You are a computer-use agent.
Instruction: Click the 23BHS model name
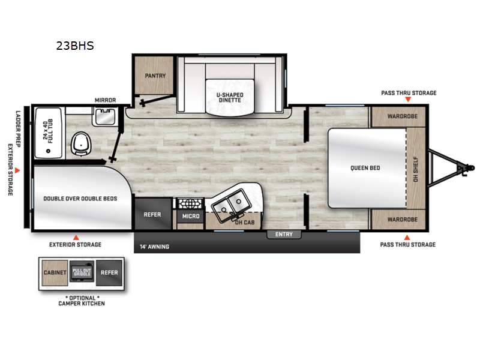[x=75, y=46]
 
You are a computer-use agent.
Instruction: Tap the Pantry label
[x=155, y=76]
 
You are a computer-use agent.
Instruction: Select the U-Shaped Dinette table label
[x=230, y=97]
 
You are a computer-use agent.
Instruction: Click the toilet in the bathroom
[x=81, y=144]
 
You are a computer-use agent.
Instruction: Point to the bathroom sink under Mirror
[x=105, y=116]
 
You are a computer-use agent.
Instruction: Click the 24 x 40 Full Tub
[x=49, y=133]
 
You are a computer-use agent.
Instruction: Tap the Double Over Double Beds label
[x=80, y=199]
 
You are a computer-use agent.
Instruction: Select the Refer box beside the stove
[x=153, y=214]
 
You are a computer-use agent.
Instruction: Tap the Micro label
[x=191, y=216]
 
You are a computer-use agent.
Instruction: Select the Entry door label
[x=284, y=234]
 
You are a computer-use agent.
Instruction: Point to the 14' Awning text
[x=155, y=247]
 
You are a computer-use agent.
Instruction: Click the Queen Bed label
[x=365, y=168]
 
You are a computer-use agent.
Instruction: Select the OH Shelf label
[x=416, y=169]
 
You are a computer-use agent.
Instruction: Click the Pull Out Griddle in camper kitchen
[x=82, y=272]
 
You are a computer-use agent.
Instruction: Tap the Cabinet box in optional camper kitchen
[x=55, y=273]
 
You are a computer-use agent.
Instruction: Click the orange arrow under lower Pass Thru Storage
[x=407, y=237]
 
